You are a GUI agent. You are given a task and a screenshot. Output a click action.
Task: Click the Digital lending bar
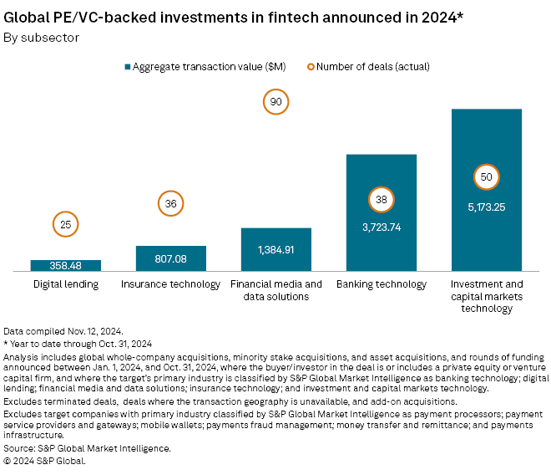click(x=66, y=265)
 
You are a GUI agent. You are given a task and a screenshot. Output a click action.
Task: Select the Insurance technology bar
click(x=171, y=258)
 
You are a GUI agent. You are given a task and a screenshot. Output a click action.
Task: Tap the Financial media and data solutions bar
click(x=276, y=249)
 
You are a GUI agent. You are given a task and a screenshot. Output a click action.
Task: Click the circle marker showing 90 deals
click(x=275, y=102)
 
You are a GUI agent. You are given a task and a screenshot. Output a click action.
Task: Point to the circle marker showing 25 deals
click(x=66, y=224)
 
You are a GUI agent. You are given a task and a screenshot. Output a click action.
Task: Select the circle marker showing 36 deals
click(x=171, y=202)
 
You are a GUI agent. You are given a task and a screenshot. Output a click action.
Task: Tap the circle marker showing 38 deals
click(x=382, y=200)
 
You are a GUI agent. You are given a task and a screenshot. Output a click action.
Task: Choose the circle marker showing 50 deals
click(x=487, y=177)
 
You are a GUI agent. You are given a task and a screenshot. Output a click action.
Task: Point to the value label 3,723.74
click(x=382, y=227)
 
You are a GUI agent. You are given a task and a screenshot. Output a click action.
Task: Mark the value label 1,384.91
click(x=276, y=250)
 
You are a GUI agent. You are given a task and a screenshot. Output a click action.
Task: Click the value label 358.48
click(x=66, y=266)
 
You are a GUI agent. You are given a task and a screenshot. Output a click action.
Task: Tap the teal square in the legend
click(x=128, y=66)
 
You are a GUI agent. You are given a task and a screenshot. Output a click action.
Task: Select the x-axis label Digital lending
click(x=66, y=284)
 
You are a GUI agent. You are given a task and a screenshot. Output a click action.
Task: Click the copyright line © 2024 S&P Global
click(x=45, y=460)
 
